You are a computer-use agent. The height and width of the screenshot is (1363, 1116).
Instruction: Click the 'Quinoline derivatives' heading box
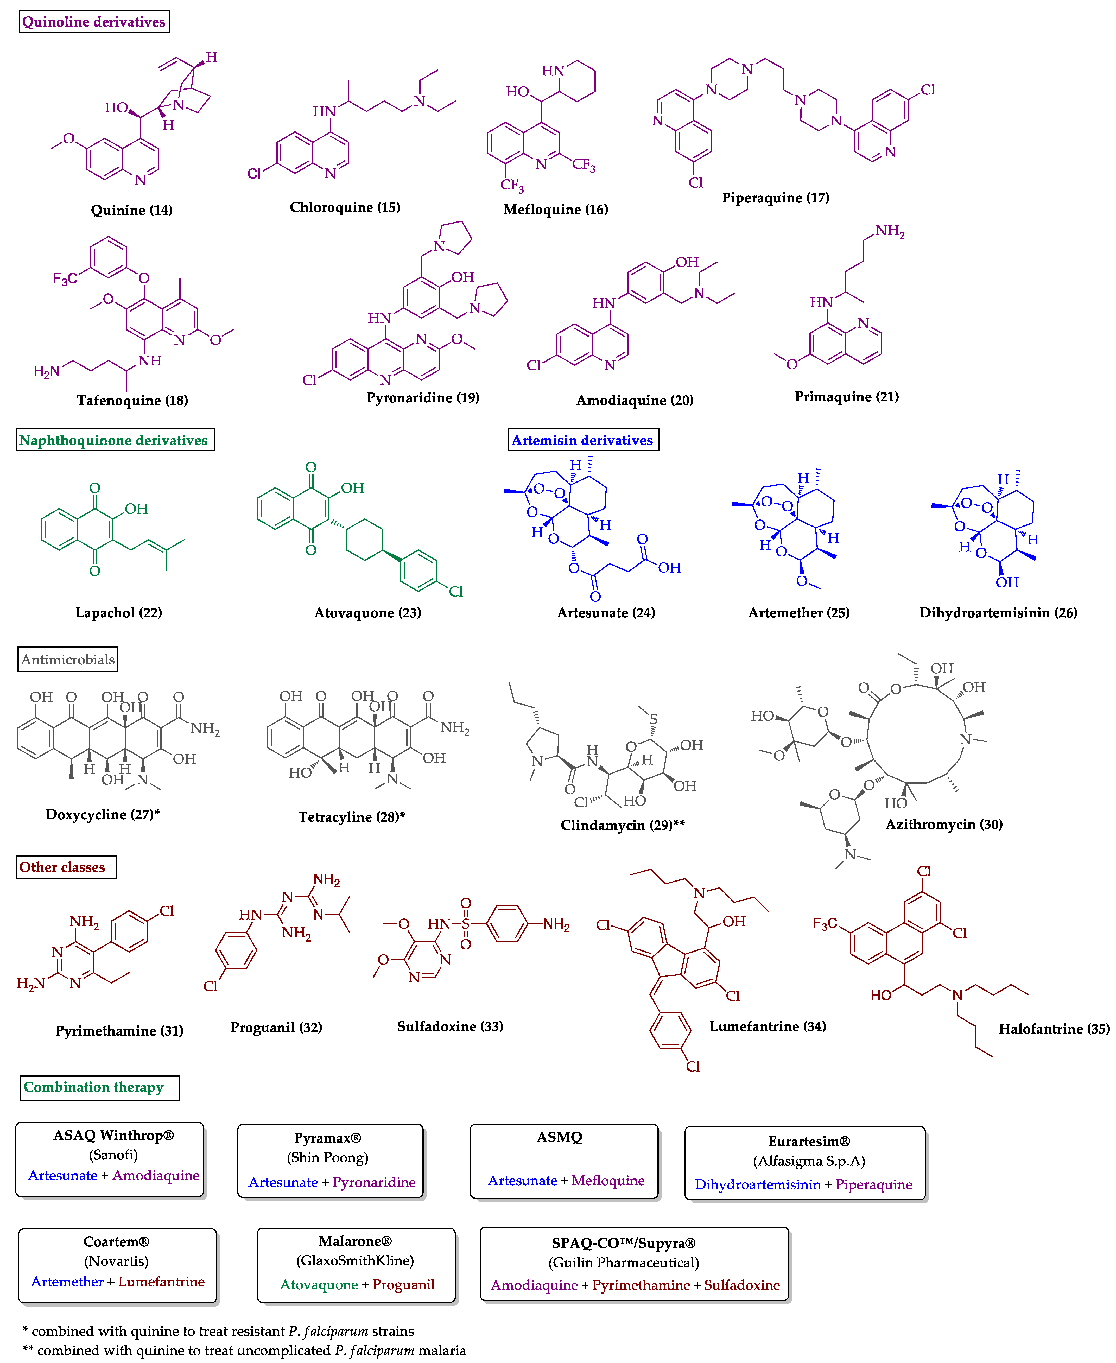coord(94,22)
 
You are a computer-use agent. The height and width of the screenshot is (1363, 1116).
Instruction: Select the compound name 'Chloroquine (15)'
coord(345,207)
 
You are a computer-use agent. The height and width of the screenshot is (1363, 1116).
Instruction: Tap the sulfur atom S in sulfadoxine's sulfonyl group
coord(465,924)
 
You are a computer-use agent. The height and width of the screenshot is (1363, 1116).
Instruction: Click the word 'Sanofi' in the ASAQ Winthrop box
coord(113,1155)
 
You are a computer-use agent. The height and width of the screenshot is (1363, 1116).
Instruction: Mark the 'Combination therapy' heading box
coord(94,1087)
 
